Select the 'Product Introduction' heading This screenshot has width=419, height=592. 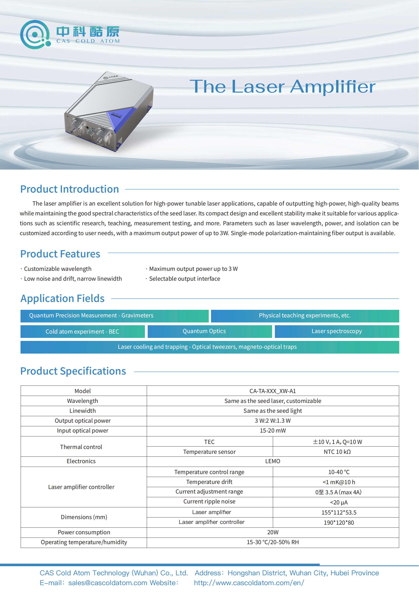pyautogui.click(x=70, y=189)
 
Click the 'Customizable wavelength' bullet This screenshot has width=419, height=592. pyautogui.click(x=58, y=269)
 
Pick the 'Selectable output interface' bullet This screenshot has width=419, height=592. pyautogui.click(x=184, y=279)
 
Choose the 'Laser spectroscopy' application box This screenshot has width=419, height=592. pyautogui.click(x=337, y=331)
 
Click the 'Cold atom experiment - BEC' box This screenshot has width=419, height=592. pyautogui.click(x=82, y=332)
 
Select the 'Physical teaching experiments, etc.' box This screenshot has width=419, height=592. pyautogui.click(x=305, y=316)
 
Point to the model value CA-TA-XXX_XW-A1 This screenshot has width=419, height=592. pyautogui.click(x=273, y=391)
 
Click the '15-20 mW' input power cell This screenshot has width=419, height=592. pyautogui.click(x=273, y=431)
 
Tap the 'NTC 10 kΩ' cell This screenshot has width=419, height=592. pyautogui.click(x=337, y=452)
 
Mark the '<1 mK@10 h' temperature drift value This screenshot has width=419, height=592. pyautogui.click(x=339, y=482)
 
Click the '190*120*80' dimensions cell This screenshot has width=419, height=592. pyautogui.click(x=339, y=523)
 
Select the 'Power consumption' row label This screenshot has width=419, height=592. pyautogui.click(x=84, y=532)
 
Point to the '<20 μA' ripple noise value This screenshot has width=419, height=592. pyautogui.click(x=339, y=503)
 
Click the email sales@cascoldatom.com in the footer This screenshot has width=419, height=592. pyautogui.click(x=108, y=583)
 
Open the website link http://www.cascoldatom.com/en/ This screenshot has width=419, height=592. pyautogui.click(x=249, y=583)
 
